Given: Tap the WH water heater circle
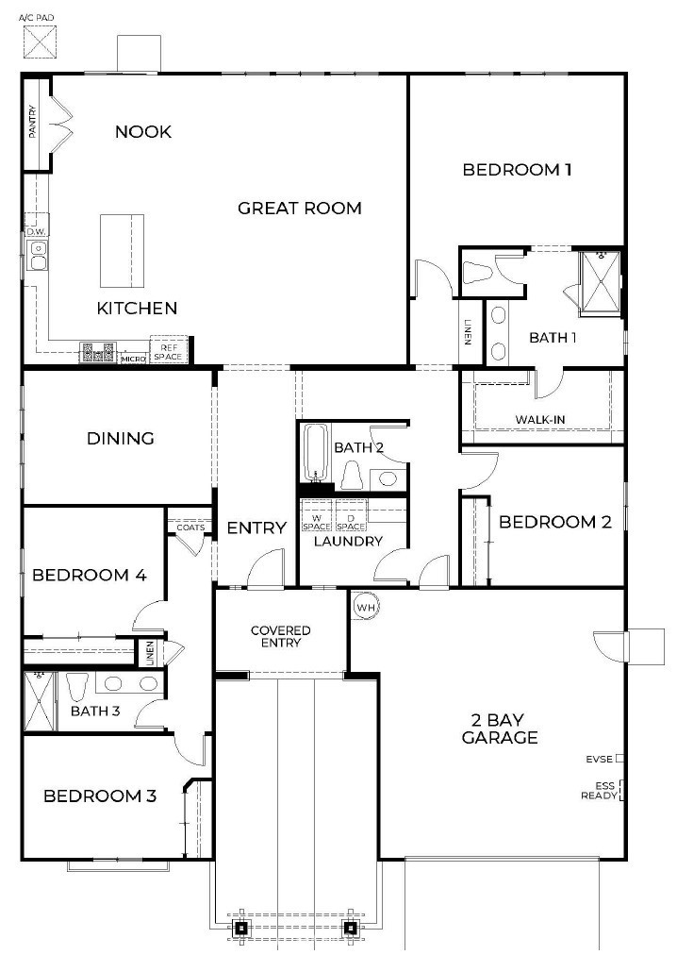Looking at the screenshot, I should pos(366,607).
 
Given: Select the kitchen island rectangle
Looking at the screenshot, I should pos(123,250).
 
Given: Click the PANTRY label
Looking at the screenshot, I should pos(33,123).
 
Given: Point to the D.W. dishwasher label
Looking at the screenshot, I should pos(36,231).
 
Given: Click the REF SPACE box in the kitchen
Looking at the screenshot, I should pos(170,352).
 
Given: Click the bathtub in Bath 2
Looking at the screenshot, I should pos(315,453).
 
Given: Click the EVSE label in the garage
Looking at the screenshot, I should pos(599,758).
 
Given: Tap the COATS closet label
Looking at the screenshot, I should pos(190,528).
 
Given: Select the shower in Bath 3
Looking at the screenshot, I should pos(39,701).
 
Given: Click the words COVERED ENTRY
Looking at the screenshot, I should pos(280,636).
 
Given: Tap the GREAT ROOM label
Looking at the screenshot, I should pos(299,208).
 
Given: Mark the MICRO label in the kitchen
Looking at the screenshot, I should pos(133,359).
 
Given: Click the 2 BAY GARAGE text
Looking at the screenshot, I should pos(500,729).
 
